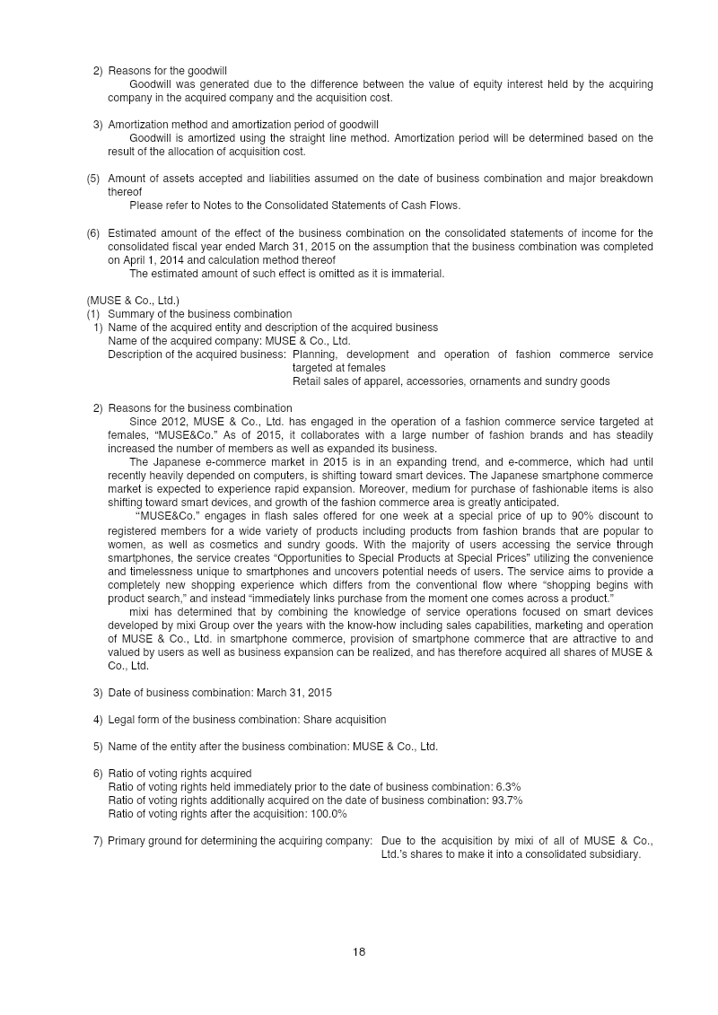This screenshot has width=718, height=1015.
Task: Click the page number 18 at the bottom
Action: [x=359, y=952]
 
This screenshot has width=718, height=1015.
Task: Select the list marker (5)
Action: [x=93, y=179]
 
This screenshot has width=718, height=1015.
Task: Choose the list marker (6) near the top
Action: [x=93, y=233]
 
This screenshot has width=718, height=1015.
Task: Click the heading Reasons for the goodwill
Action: [x=167, y=70]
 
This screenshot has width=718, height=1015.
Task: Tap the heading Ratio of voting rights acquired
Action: [x=179, y=774]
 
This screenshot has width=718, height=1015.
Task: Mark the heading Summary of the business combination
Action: [x=199, y=314]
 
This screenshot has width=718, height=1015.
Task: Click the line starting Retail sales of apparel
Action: [x=451, y=381]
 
